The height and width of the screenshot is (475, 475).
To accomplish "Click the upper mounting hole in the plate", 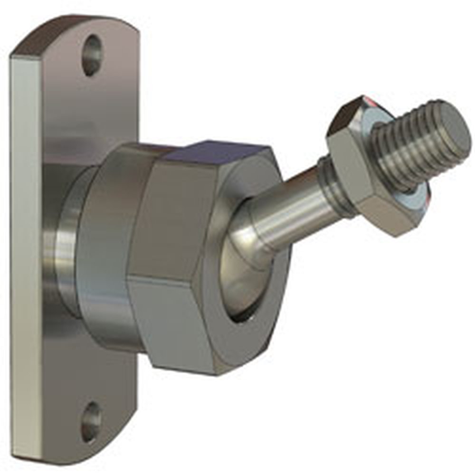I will [x=92, y=55].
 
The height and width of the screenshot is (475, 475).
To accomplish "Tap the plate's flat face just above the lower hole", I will [x=95, y=380].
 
